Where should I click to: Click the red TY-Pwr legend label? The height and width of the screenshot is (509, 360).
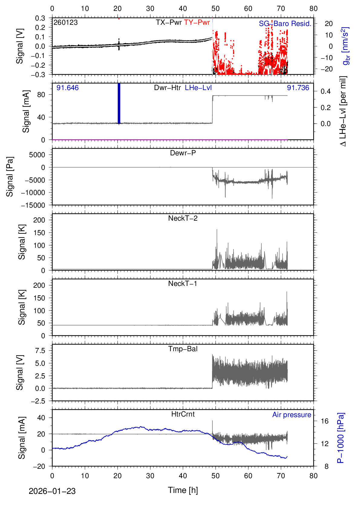tap(197, 22)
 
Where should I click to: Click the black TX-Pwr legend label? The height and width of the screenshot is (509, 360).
tap(169, 22)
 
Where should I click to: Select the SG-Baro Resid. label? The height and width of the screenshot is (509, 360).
tap(285, 24)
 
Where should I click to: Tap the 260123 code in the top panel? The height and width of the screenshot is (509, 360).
tap(66, 22)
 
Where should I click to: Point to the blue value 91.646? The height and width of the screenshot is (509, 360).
tap(67, 88)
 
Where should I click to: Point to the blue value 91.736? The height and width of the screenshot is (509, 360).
tap(298, 88)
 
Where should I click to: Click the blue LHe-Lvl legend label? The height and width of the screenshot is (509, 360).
tap(198, 88)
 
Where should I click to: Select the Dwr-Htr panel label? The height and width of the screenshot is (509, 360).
tap(167, 88)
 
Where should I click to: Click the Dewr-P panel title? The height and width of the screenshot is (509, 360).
tap(183, 153)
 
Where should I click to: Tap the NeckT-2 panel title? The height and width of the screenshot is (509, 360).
tap(183, 218)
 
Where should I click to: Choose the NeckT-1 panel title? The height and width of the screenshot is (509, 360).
tap(183, 284)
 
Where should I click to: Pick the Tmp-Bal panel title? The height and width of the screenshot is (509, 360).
tap(183, 349)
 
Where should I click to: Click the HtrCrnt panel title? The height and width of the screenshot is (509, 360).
tap(183, 414)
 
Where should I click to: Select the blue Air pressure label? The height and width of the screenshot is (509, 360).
tap(292, 415)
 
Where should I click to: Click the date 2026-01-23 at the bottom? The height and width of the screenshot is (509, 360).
tap(52, 491)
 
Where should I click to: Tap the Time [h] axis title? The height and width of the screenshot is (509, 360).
tap(183, 490)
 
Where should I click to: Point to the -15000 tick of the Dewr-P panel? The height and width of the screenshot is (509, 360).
tap(33, 205)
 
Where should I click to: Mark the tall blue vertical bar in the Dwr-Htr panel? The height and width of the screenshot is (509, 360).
tap(119, 103)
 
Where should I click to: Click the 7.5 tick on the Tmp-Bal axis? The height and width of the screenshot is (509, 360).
tap(40, 351)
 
